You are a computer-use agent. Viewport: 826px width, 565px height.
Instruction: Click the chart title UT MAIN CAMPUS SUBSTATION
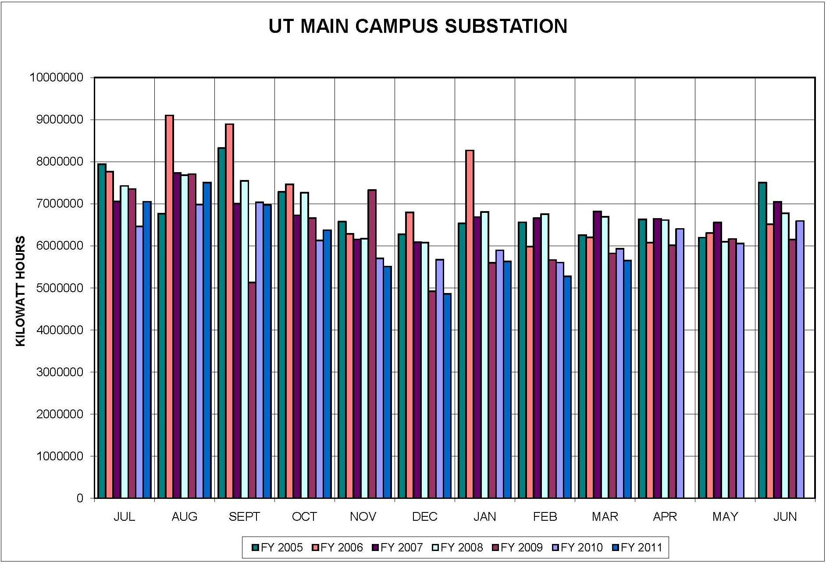pos(417,26)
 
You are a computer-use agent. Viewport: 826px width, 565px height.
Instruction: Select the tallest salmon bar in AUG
pos(169,307)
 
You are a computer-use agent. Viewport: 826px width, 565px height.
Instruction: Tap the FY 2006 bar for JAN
pos(470,324)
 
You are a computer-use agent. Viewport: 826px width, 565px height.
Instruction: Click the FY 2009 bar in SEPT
pos(252,390)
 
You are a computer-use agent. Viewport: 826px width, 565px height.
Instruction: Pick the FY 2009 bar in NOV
pos(372,344)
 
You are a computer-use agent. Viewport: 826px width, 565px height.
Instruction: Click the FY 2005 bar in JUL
pos(102,331)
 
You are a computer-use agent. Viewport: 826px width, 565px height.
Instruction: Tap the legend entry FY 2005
pos(278,547)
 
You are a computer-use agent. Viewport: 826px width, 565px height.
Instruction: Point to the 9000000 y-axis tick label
pos(56,120)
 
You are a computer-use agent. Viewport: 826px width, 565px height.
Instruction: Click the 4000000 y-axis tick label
pos(56,330)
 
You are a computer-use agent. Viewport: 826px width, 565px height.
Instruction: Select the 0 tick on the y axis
pos(80,498)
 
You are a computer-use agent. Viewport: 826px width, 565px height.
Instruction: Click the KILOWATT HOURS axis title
pos(21,291)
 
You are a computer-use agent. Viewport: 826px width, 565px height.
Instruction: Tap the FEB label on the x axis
pos(545,517)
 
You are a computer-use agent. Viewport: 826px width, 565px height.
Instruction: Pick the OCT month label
pos(304,517)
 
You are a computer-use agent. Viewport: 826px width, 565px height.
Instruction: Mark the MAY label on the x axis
pos(725,517)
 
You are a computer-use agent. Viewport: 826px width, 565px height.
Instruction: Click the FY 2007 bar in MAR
pos(597,355)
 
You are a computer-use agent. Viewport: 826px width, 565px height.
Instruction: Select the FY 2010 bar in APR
pos(680,363)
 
